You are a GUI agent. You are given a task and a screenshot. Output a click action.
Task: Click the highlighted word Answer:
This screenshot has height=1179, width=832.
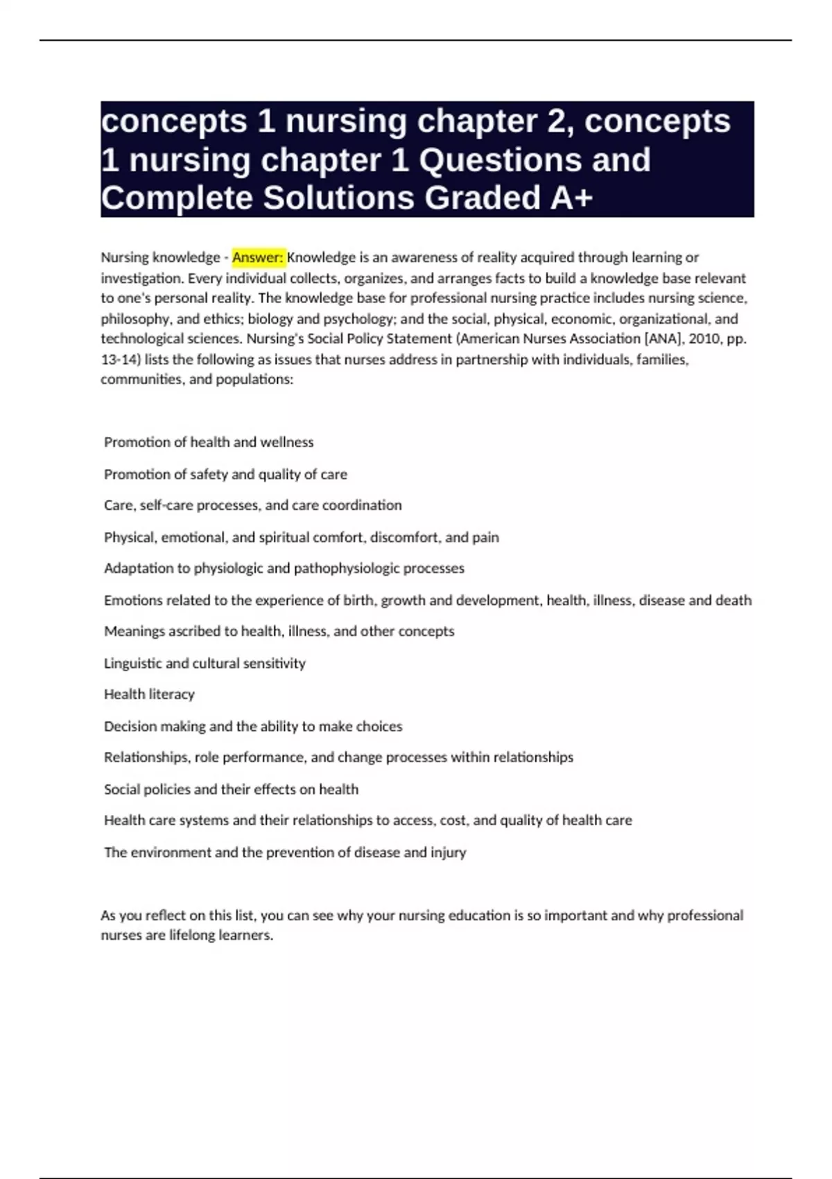(x=258, y=257)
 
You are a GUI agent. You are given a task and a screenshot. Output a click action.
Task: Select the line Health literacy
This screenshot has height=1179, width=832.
(x=149, y=694)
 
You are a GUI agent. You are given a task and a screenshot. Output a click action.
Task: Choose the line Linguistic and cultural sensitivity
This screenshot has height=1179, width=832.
(x=205, y=663)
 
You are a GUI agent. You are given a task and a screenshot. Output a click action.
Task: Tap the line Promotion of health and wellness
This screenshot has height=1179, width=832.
(x=209, y=442)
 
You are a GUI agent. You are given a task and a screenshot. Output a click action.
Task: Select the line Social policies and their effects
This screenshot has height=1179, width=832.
(x=231, y=789)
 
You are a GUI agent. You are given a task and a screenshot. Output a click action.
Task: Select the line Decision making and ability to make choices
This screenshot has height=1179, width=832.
(x=253, y=726)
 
